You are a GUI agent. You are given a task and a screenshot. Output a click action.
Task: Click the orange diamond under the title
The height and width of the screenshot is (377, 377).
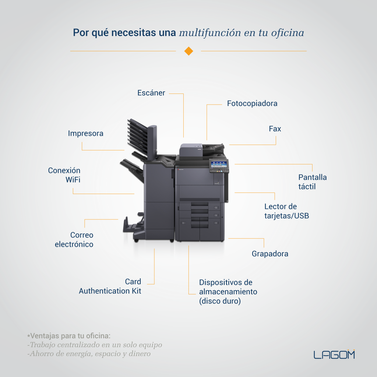[189, 51]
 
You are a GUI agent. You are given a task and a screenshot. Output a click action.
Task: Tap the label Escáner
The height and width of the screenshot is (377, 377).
[151, 93]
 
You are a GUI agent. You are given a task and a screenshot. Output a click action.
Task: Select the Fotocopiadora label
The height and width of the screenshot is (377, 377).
[252, 103]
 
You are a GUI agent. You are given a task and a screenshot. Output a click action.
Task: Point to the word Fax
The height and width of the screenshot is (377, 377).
[275, 129]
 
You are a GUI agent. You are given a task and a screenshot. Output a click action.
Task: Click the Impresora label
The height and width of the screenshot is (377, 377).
[85, 133]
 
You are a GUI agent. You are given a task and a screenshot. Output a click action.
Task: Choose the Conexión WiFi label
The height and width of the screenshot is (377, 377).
[64, 175]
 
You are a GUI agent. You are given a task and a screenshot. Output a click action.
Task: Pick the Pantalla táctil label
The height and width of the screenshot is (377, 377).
[313, 182]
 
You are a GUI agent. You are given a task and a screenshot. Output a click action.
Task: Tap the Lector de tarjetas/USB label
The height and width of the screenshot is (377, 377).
[286, 211]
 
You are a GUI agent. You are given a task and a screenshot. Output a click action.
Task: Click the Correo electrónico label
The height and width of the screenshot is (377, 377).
[74, 240]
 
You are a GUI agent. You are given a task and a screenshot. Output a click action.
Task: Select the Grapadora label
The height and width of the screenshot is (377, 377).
[270, 254]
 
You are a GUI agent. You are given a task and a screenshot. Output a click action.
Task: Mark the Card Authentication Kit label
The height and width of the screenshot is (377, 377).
[110, 286]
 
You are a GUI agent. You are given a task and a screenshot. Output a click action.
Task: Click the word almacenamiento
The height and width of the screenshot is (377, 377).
[228, 292]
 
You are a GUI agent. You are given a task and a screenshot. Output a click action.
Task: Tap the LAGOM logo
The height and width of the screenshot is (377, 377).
[334, 355]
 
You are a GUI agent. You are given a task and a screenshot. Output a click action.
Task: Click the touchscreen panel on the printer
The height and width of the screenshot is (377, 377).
[219, 165]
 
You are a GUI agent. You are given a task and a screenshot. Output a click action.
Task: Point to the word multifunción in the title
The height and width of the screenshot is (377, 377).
[210, 33]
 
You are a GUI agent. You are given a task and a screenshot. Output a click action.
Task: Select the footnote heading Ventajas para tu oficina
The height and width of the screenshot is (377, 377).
[69, 336]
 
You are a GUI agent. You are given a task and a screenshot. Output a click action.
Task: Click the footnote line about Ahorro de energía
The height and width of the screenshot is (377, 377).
[89, 354]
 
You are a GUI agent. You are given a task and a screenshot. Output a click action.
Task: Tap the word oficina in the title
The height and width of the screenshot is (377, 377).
[288, 33]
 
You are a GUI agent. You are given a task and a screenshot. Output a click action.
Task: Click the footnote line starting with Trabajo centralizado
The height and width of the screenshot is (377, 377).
[95, 345]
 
